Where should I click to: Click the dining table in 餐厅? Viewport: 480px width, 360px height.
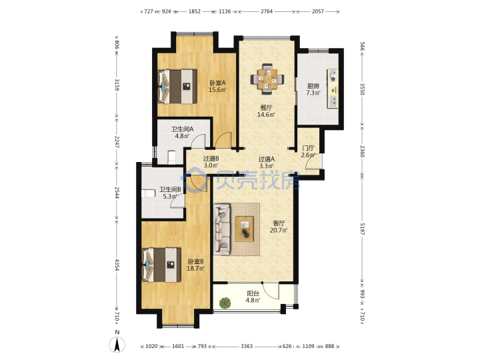click(x=267, y=79)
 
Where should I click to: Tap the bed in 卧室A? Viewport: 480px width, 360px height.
click(x=177, y=86)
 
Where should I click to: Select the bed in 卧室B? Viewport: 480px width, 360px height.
click(x=161, y=265)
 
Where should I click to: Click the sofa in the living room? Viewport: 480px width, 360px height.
click(x=222, y=229)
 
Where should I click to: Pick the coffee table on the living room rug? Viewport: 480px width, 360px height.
click(x=244, y=229)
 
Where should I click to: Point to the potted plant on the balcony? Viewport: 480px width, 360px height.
click(x=225, y=303)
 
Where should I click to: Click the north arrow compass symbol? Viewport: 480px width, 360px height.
click(x=117, y=344)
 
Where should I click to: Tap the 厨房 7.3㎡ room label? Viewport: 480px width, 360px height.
click(x=313, y=89)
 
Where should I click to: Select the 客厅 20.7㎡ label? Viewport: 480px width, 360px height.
click(x=279, y=227)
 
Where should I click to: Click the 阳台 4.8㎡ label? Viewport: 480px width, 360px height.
click(x=253, y=297)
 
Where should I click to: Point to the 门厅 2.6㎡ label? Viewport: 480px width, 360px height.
click(x=307, y=151)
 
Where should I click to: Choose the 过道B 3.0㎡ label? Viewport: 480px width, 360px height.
click(x=211, y=162)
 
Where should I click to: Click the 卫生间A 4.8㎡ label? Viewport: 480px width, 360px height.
click(x=182, y=132)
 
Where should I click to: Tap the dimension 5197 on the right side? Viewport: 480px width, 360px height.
click(x=362, y=229)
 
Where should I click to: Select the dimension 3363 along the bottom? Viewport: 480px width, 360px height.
click(x=247, y=346)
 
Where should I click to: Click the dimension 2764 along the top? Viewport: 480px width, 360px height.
click(x=266, y=11)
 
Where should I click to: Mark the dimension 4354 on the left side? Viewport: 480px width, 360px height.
click(x=117, y=265)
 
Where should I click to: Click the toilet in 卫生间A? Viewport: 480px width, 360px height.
click(x=173, y=157)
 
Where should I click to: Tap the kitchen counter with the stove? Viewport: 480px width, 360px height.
click(x=333, y=89)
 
